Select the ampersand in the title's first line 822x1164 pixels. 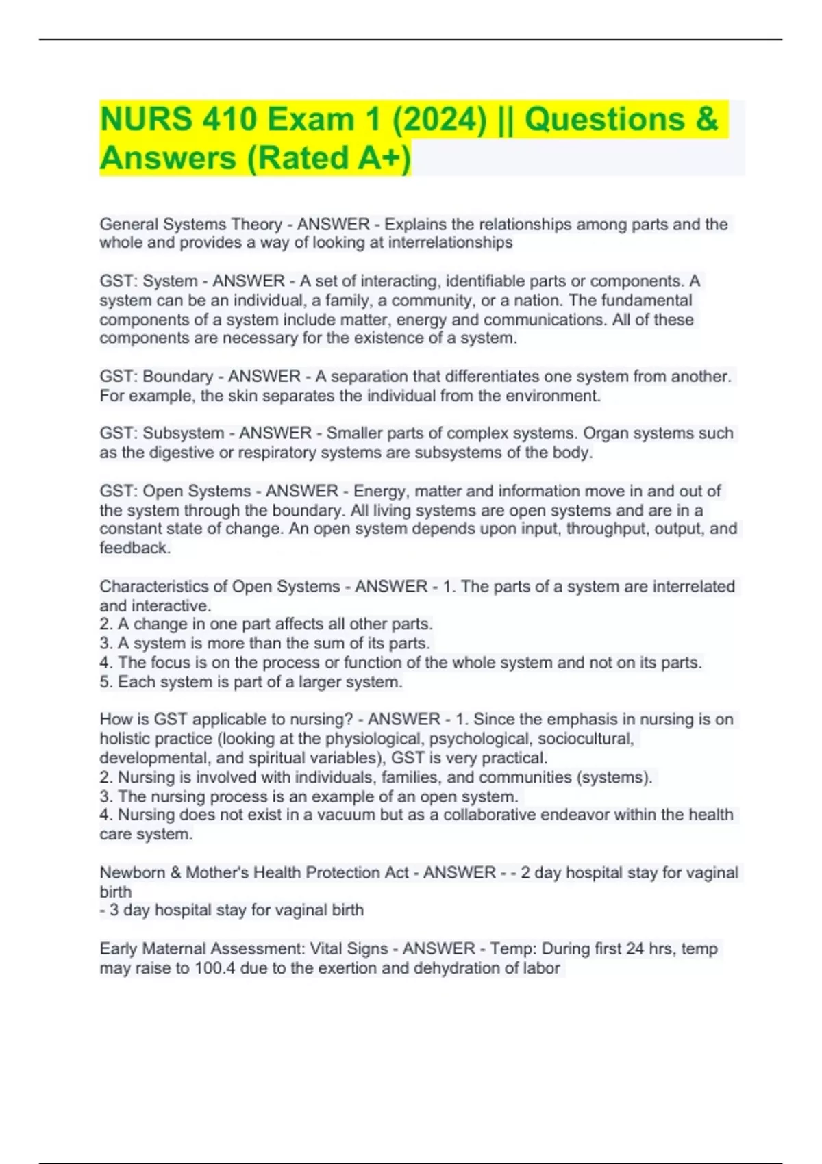tap(706, 120)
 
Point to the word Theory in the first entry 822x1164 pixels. tap(256, 225)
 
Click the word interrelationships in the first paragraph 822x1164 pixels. tap(450, 243)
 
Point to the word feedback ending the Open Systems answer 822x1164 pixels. tap(134, 548)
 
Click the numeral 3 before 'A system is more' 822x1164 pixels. tap(104, 644)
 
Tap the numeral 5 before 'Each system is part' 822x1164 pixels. tap(104, 682)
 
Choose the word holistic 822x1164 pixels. tap(121, 739)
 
